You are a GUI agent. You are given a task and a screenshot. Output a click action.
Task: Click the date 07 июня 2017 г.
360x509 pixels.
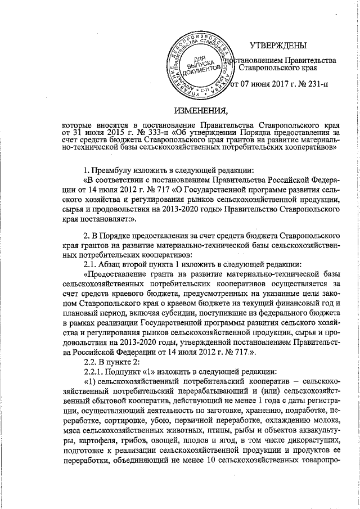267,86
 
